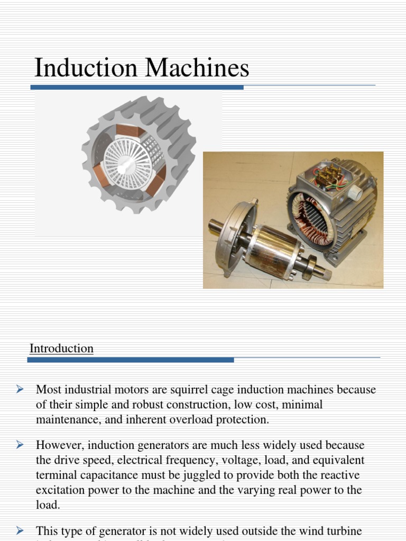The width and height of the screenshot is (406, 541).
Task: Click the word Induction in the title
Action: pyautogui.click(x=85, y=69)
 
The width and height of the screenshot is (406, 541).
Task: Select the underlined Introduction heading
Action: pyautogui.click(x=61, y=349)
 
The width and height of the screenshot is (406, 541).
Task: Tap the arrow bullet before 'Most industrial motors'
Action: pyautogui.click(x=20, y=389)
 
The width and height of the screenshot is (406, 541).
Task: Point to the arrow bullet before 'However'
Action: pyautogui.click(x=20, y=445)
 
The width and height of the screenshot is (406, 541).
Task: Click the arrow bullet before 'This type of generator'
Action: pyautogui.click(x=20, y=529)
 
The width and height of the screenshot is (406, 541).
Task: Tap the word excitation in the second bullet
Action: pyautogui.click(x=60, y=490)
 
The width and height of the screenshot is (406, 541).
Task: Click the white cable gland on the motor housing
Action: pyautogui.click(x=354, y=193)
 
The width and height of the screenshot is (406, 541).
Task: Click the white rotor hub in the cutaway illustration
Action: pyautogui.click(x=127, y=164)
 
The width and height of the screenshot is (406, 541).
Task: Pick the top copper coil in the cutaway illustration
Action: pyautogui.click(x=127, y=130)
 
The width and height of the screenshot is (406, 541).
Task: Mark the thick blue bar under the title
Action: pyautogui.click(x=137, y=87)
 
